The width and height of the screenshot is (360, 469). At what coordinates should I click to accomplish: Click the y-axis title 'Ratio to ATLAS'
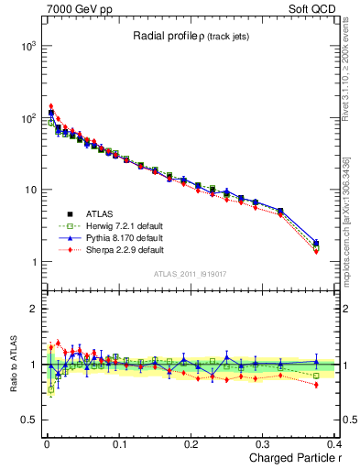pyautogui.click(x=11, y=365)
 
